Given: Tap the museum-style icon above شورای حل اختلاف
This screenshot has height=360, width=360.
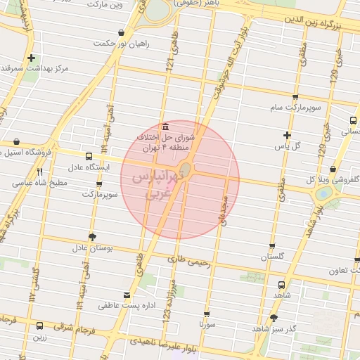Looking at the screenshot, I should [x=165, y=127].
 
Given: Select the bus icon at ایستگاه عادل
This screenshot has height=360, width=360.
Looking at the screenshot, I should [x=88, y=156].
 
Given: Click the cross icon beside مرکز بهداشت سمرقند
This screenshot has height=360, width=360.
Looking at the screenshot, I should [x=31, y=58].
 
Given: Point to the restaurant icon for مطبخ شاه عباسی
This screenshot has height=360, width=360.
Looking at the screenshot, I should [x=39, y=171].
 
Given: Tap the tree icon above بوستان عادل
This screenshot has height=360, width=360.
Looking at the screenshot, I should [x=91, y=236].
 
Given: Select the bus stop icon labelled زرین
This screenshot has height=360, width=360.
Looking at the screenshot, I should [x=39, y=326].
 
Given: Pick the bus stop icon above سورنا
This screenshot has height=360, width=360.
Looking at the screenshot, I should [x=207, y=314].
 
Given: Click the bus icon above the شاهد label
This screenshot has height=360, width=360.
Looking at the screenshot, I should [x=282, y=285].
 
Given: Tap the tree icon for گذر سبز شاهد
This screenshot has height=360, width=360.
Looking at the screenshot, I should [x=274, y=318].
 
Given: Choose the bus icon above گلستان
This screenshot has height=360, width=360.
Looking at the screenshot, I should [x=272, y=246].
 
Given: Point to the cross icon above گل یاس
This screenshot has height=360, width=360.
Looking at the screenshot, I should [x=287, y=134].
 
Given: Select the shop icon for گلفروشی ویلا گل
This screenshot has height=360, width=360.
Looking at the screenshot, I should [x=332, y=169].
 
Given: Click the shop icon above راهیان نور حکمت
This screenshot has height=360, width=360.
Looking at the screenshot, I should [x=122, y=32].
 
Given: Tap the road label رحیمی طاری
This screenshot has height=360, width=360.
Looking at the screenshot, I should [x=188, y=259].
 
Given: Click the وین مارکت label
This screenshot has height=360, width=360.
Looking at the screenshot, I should [x=105, y=4].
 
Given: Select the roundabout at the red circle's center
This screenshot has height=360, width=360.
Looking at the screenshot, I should [x=186, y=170].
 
